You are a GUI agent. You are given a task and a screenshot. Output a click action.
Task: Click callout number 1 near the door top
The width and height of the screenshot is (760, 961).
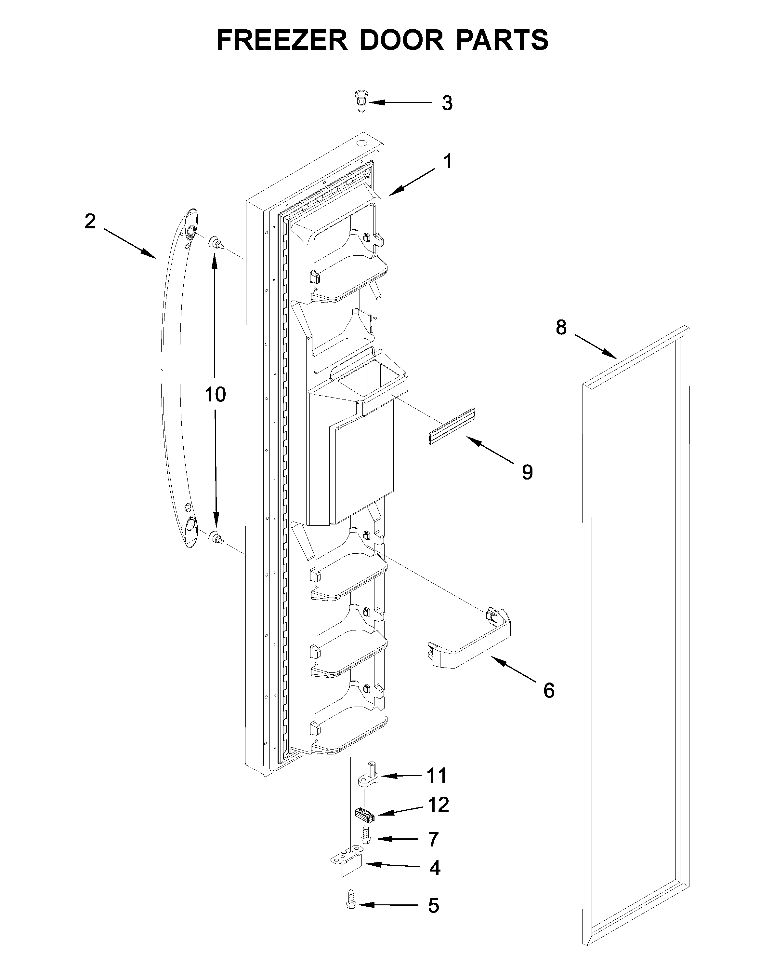[448, 162]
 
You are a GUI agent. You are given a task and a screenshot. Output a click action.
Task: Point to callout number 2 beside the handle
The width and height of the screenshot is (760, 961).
[90, 221]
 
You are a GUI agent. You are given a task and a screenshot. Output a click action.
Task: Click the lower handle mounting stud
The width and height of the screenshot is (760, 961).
[216, 537]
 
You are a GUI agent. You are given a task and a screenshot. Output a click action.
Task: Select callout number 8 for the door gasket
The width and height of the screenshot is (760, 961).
[561, 327]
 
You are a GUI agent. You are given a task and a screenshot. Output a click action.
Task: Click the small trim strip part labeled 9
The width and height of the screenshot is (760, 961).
[451, 426]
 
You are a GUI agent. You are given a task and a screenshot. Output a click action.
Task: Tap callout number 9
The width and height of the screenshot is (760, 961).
[527, 472]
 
